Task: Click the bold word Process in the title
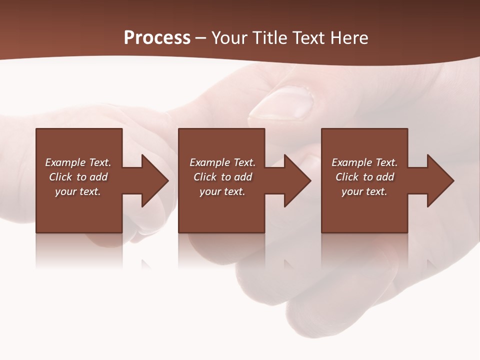(x=157, y=38)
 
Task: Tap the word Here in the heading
(x=349, y=38)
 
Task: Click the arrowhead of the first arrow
(x=154, y=180)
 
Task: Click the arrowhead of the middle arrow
(x=297, y=180)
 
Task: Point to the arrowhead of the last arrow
(x=440, y=180)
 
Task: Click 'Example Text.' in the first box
(x=78, y=162)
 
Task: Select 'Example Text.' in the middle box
(x=222, y=162)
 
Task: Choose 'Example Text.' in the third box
(x=364, y=162)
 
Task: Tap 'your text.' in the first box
(x=78, y=191)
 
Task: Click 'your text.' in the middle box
(x=222, y=191)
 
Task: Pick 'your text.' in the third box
(x=364, y=191)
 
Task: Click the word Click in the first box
(x=60, y=177)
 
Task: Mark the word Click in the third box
(x=347, y=177)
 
